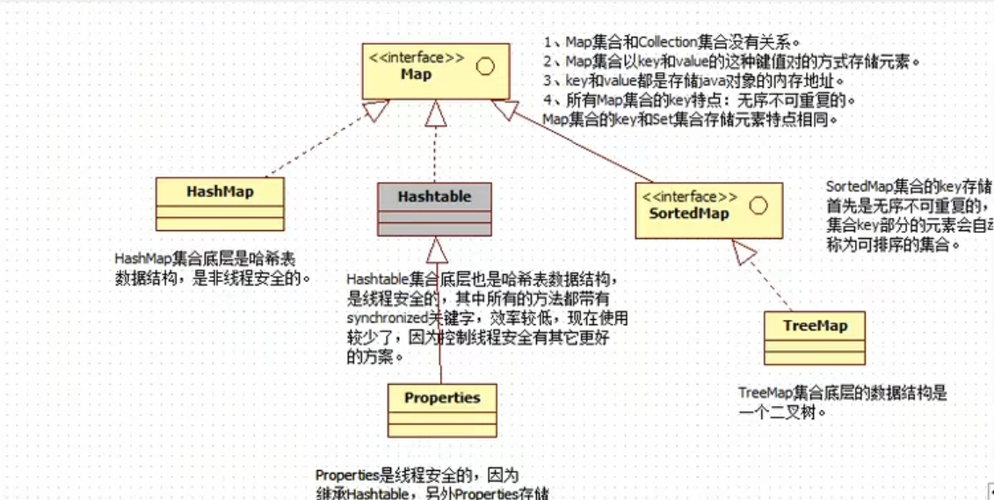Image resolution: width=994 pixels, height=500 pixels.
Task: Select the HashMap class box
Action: [x=220, y=203]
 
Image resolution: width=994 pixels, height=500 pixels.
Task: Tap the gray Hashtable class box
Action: [x=433, y=208]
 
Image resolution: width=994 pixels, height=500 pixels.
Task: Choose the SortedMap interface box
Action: [x=708, y=210]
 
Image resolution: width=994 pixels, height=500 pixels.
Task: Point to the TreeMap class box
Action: [x=815, y=337]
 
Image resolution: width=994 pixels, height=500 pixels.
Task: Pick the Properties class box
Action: [x=441, y=409]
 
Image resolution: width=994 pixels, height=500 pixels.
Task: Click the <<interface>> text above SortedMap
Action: [x=690, y=197]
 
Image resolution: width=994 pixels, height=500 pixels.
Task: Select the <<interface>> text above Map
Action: [x=416, y=58]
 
